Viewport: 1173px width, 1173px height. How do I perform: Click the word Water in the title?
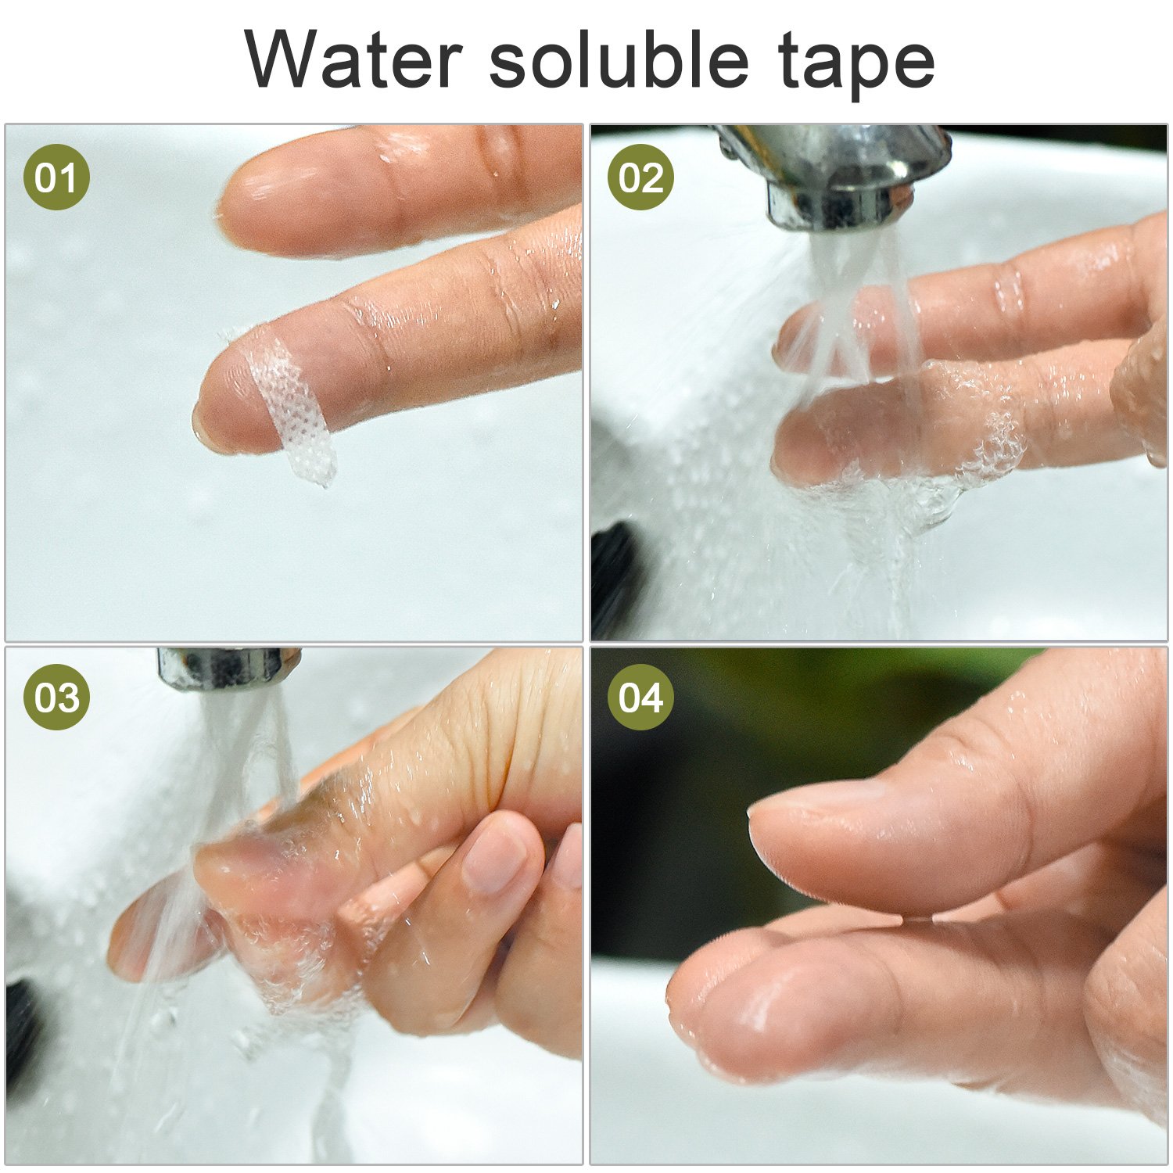click(x=353, y=59)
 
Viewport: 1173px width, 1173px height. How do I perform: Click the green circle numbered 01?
click(x=56, y=178)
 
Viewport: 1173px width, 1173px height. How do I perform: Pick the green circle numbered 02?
click(x=640, y=178)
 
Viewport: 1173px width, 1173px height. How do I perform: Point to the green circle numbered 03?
click(x=56, y=697)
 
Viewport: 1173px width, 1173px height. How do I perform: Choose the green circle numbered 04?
click(x=640, y=697)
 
